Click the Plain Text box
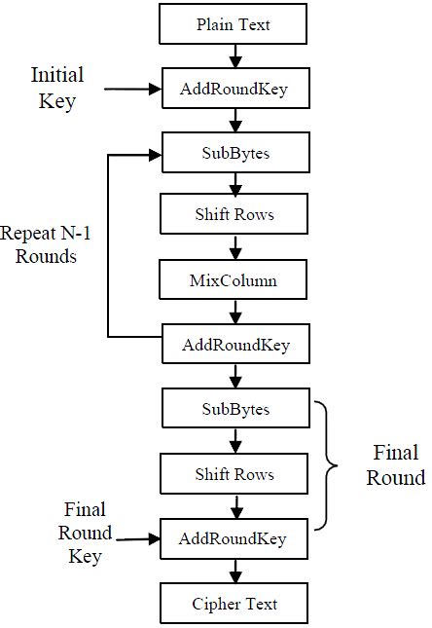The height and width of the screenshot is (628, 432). pos(234,24)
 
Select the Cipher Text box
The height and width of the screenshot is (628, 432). pos(234,604)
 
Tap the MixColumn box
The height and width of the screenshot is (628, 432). pos(234,280)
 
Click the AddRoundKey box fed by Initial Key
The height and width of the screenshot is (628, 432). pos(234,89)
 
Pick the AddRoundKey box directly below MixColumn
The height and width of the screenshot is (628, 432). pos(234,345)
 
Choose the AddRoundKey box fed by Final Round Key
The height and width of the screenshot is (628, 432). pos(234,537)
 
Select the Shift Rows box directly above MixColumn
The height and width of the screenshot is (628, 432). pos(234,215)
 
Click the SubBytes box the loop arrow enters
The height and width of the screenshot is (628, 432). pos(234,153)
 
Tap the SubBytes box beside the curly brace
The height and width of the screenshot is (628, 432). pos(234,409)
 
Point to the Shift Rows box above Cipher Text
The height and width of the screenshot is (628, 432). pos(234,474)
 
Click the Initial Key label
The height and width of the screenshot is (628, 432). pos(57,88)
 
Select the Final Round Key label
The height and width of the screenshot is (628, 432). pos(85,533)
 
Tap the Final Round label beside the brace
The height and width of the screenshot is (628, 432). pos(396,465)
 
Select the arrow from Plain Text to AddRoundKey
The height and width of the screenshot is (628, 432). pos(234,56)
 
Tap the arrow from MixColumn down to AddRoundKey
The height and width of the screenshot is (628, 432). pos(234,313)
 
